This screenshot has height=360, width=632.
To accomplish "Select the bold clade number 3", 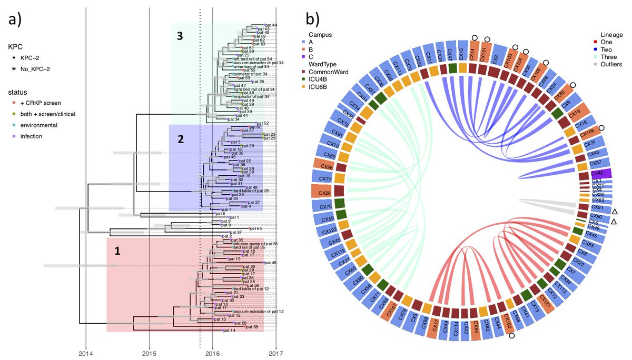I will point(180,36).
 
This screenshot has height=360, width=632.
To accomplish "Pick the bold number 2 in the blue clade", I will point(180,139).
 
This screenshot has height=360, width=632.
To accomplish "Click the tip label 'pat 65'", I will point(255,229).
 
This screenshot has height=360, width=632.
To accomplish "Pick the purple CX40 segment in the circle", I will point(600,173).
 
